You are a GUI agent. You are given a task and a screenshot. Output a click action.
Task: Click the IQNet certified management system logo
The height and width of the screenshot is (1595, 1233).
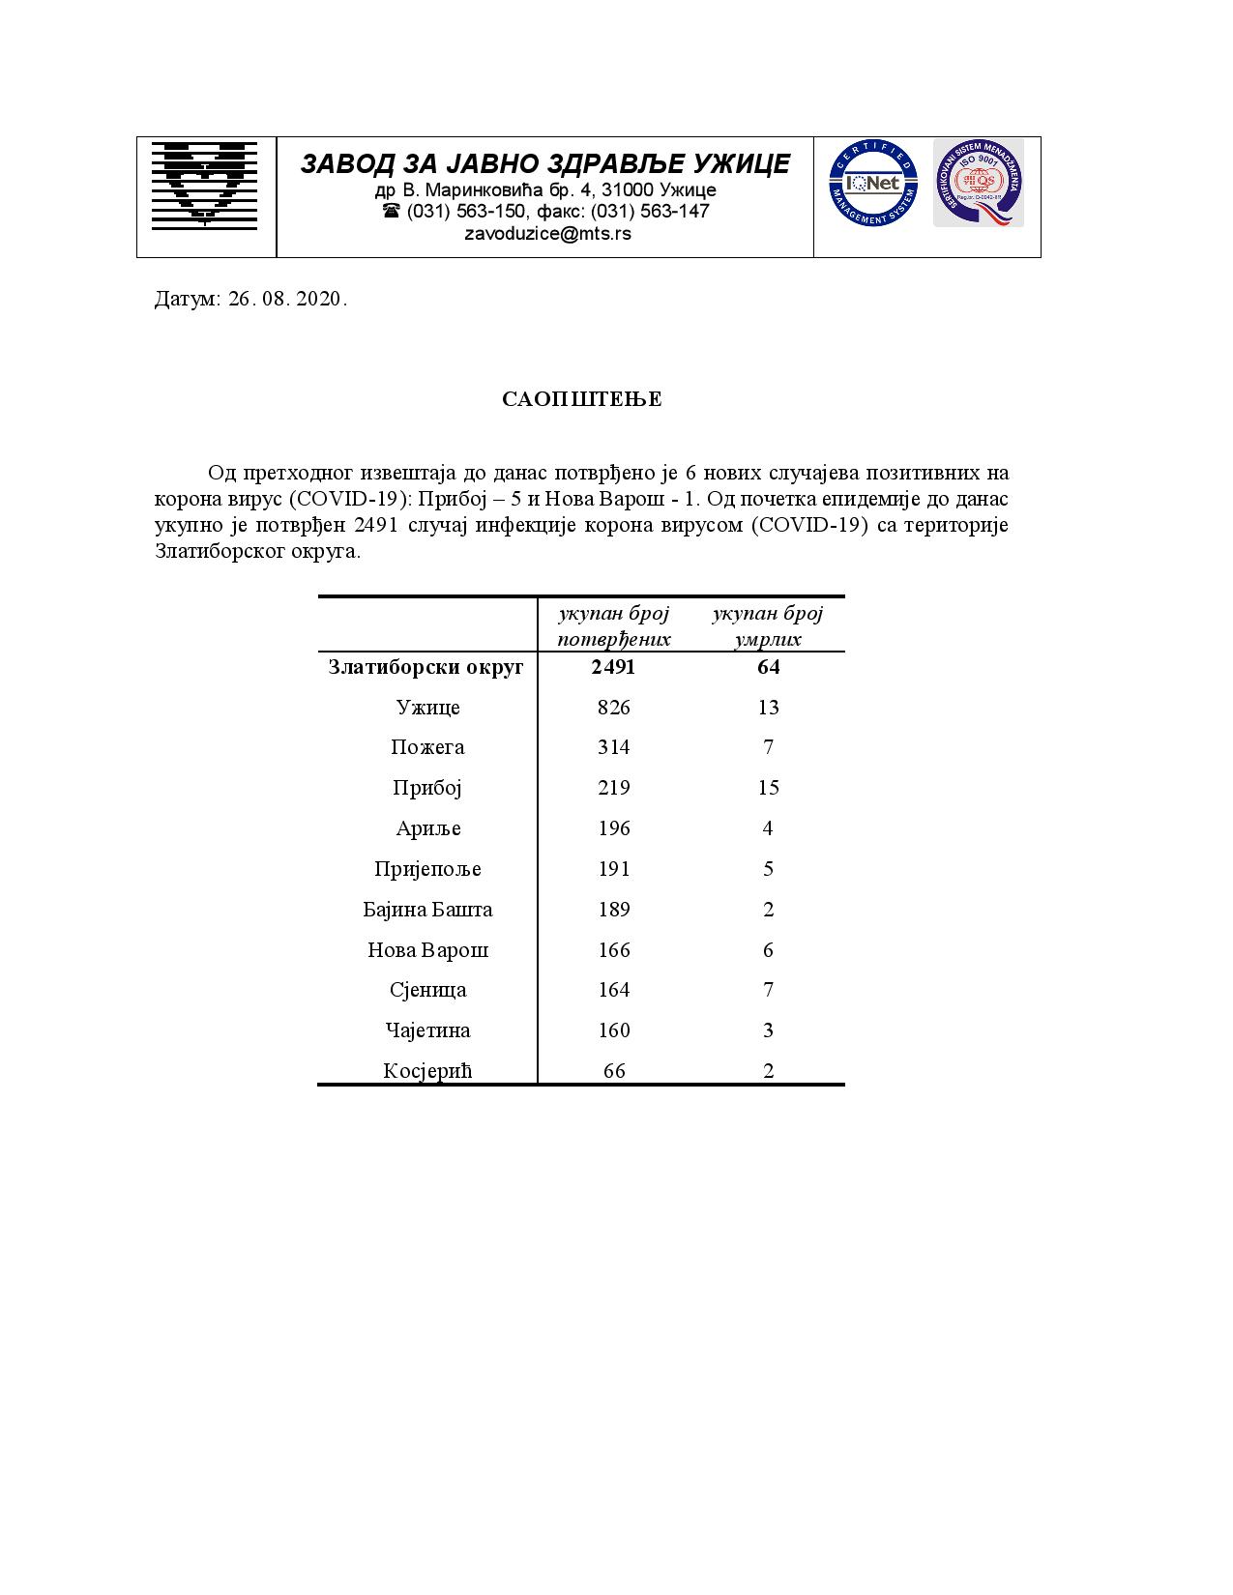(x=872, y=183)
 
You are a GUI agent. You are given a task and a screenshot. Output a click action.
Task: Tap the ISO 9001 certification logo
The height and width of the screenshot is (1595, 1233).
(x=978, y=183)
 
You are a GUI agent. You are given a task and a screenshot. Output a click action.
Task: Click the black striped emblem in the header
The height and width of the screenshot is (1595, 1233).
(x=204, y=184)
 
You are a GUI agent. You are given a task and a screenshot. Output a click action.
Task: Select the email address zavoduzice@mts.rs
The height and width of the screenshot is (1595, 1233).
(x=547, y=234)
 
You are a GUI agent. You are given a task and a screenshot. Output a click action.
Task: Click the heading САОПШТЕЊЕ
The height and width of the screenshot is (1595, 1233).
(x=582, y=400)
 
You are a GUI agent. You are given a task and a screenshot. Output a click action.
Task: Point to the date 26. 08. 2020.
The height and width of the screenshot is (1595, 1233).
(x=287, y=299)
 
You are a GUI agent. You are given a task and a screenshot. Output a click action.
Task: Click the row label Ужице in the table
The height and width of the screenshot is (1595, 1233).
(x=427, y=708)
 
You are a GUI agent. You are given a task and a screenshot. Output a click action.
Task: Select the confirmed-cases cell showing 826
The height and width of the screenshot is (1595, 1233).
(x=613, y=708)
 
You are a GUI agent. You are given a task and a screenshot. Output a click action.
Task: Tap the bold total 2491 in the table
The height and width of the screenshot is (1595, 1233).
(x=613, y=667)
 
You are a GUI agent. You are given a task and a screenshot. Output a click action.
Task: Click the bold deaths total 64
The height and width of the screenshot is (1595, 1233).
(x=769, y=667)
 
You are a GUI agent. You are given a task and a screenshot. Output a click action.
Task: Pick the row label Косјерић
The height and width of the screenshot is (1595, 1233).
(x=427, y=1071)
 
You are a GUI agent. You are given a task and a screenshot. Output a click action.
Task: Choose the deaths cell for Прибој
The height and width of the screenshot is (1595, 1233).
(x=769, y=788)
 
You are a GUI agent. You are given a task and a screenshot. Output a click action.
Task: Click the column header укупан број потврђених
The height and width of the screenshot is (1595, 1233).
(x=613, y=626)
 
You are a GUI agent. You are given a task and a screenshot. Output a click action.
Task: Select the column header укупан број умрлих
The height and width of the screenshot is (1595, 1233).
(x=769, y=626)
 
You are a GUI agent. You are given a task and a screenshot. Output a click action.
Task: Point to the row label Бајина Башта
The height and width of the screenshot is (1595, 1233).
(x=427, y=910)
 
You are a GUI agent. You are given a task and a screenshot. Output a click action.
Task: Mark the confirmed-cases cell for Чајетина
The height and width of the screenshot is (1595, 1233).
(x=613, y=1030)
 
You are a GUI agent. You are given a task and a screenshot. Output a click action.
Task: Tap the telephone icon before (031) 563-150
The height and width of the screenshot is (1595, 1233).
(x=391, y=211)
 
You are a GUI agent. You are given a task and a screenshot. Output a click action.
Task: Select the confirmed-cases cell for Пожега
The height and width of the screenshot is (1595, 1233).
(x=613, y=747)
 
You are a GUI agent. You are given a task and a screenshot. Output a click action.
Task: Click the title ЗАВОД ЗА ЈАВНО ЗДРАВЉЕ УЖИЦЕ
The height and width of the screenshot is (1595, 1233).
(x=544, y=163)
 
